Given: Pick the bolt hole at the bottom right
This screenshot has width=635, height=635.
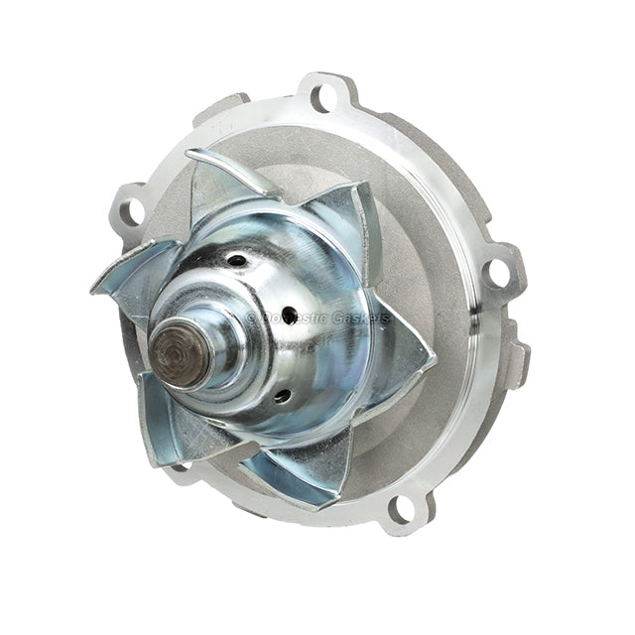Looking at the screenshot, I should click(402, 507).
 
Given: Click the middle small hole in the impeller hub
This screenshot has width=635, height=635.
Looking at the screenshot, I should click(289, 316).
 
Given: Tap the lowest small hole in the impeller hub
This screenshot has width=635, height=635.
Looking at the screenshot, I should click(282, 396).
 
